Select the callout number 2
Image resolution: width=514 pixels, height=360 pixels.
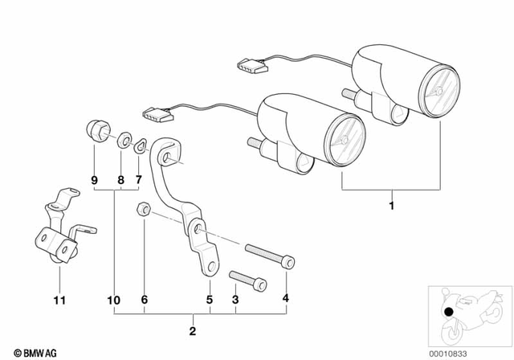(x=193, y=329)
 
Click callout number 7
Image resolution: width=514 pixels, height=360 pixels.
(x=137, y=181)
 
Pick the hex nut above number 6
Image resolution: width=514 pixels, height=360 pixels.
(x=141, y=210)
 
